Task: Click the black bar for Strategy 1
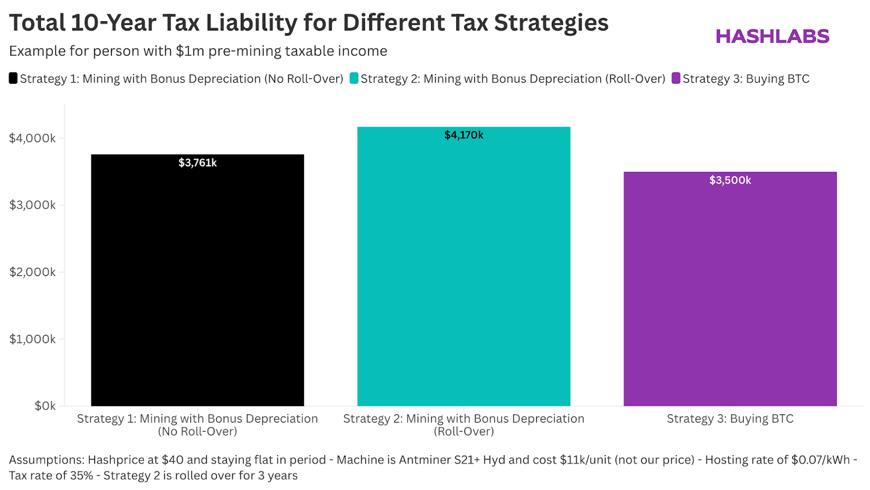(197, 283)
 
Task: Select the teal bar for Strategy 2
(463, 272)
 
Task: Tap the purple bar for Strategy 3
(730, 294)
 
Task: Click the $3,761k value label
(197, 163)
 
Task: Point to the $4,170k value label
(463, 135)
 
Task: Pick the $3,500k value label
(730, 180)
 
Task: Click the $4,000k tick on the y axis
(32, 138)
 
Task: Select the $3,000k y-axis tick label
(32, 205)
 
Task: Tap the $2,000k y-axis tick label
(32, 272)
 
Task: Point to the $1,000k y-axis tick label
(32, 339)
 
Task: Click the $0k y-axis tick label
(45, 406)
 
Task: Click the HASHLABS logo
(772, 36)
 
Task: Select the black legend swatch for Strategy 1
(13, 78)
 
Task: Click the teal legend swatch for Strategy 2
(354, 78)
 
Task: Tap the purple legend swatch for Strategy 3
(676, 78)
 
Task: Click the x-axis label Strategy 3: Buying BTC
(730, 419)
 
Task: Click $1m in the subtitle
(190, 51)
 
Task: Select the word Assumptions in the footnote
(46, 460)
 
